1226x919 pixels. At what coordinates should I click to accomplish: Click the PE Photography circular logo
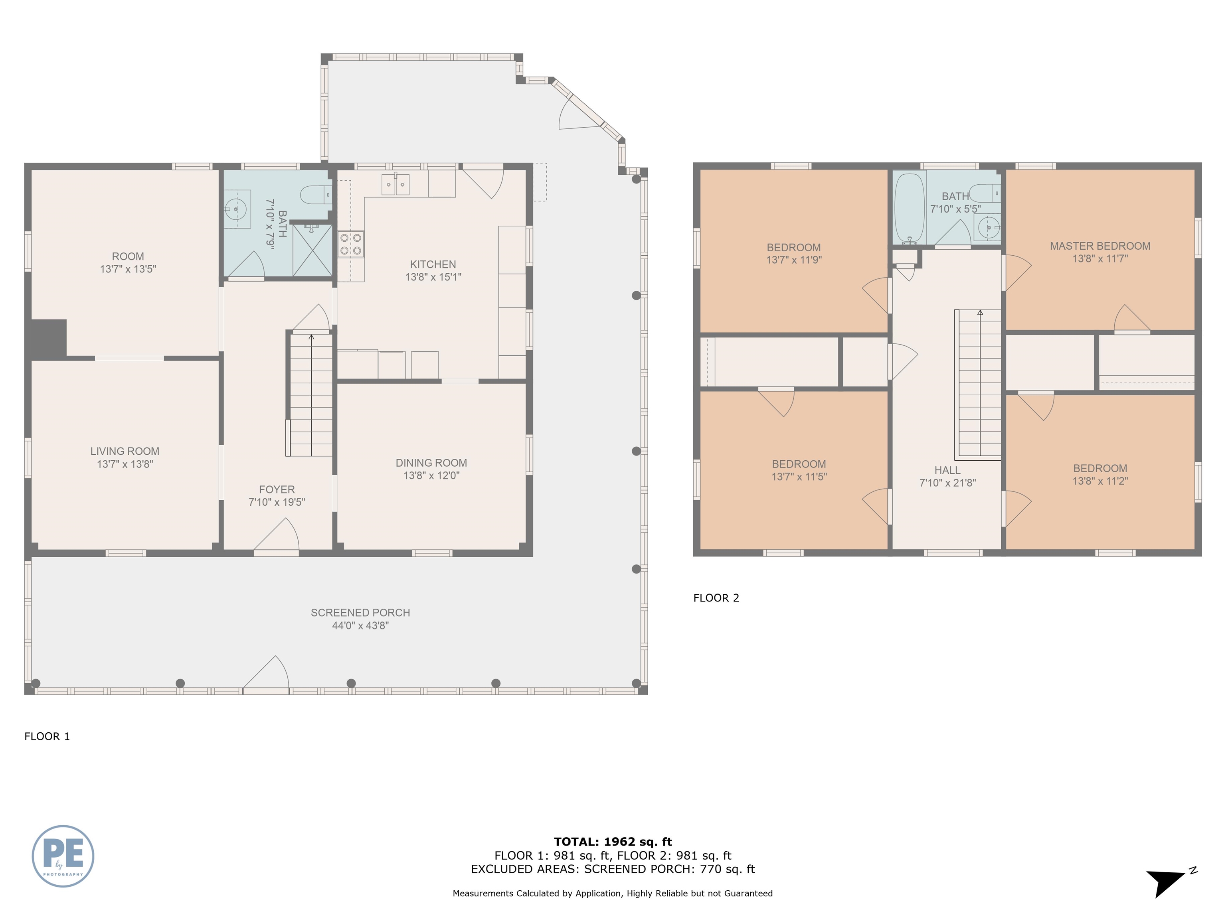[63, 856]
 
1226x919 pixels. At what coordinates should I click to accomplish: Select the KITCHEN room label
[433, 265]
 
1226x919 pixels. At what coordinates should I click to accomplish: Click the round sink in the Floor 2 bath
[988, 227]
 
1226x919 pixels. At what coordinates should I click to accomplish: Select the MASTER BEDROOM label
[1100, 246]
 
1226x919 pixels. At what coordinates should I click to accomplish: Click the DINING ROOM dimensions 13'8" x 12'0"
[431, 475]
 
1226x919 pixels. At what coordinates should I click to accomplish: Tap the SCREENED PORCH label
[360, 613]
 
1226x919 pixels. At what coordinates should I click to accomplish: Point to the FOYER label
[277, 490]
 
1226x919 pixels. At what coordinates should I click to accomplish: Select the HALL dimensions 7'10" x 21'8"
[947, 483]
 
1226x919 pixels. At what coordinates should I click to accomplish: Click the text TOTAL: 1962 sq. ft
[613, 842]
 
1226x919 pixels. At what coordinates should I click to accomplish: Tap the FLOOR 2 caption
[716, 598]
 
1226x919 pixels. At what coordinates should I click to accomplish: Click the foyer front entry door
[277, 536]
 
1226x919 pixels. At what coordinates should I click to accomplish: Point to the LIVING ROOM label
[125, 452]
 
